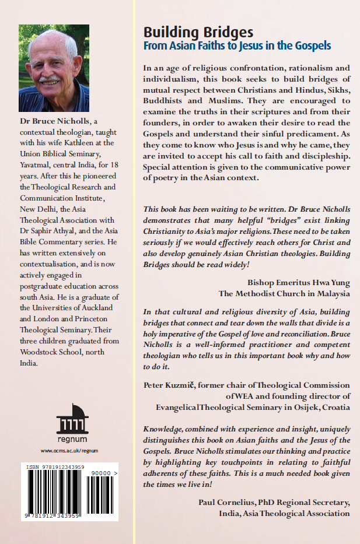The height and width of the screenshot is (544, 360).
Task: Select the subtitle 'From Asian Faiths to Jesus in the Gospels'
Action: (x=237, y=45)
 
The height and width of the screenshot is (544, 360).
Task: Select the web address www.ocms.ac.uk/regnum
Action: (x=69, y=451)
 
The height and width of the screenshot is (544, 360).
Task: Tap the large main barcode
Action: (x=53, y=496)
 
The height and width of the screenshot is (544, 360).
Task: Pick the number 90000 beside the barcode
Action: (x=103, y=475)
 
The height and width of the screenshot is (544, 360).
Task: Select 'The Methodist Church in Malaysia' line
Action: (x=284, y=294)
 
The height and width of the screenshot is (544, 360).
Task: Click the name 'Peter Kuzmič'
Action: (x=169, y=385)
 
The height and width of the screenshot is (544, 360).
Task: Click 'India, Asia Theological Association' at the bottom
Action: (x=282, y=514)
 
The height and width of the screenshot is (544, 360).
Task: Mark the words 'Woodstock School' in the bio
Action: (x=49, y=353)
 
